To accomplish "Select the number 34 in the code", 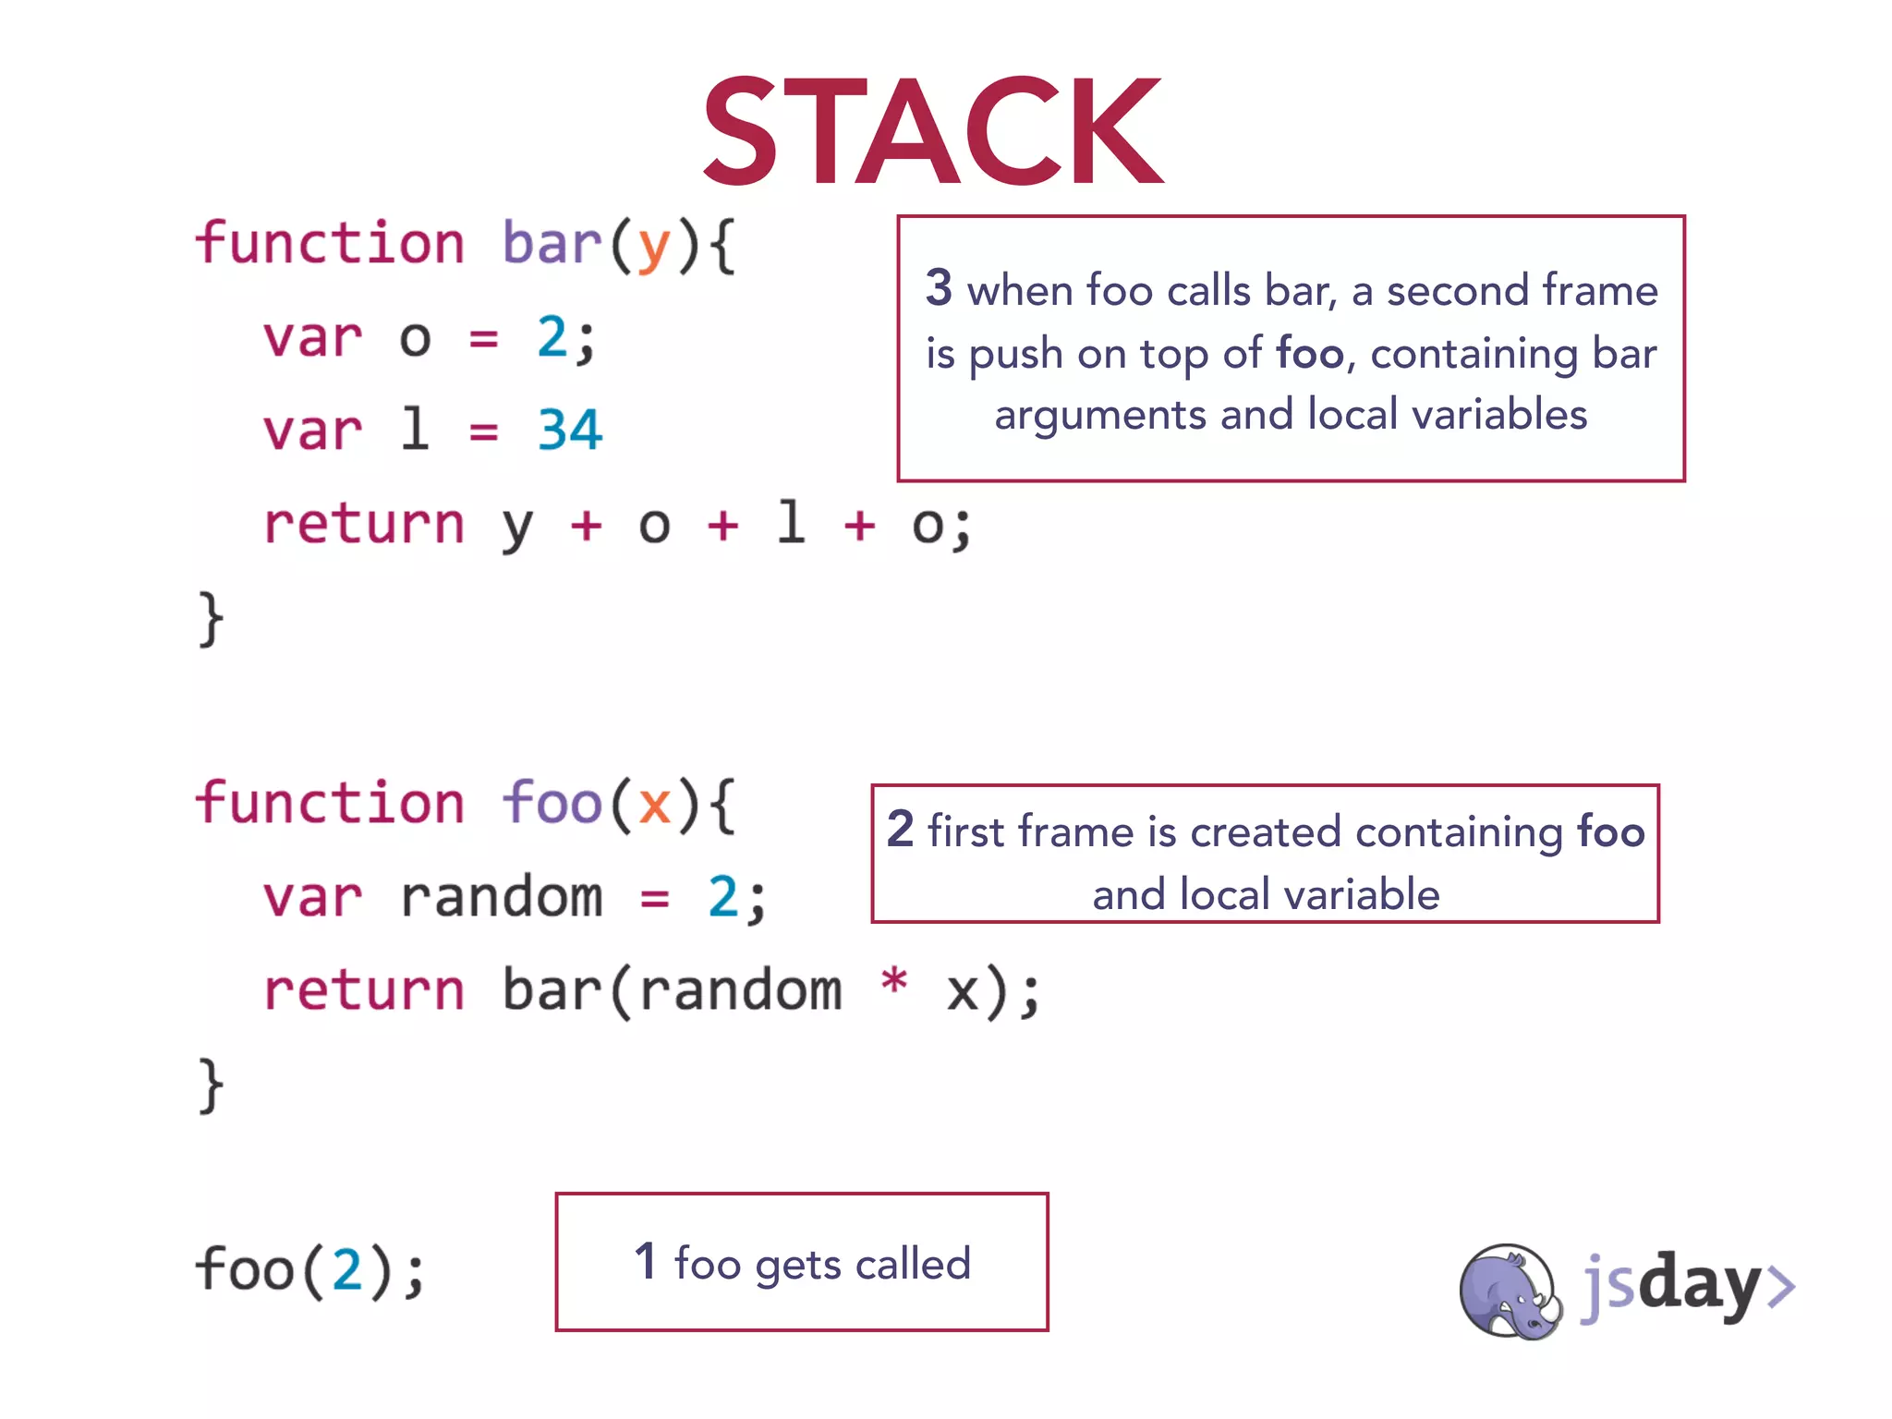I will pyautogui.click(x=569, y=431).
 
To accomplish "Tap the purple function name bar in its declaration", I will pyautogui.click(x=552, y=244).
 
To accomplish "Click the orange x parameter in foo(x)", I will pyautogui.click(x=654, y=804).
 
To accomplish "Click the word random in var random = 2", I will pyautogui.click(x=501, y=897).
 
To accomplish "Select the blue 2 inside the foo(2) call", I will pyautogui.click(x=347, y=1269).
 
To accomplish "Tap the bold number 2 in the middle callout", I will pyautogui.click(x=900, y=829).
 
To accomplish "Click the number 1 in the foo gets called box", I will pyautogui.click(x=645, y=1261).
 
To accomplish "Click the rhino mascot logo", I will pyautogui.click(x=1509, y=1292).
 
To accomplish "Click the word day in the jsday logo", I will pyautogui.click(x=1700, y=1284).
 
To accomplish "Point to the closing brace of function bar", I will pyautogui.click(x=211, y=619).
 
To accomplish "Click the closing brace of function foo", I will pyautogui.click(x=211, y=1085).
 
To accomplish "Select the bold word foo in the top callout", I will pyautogui.click(x=1309, y=353).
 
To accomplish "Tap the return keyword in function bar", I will pyautogui.click(x=363, y=525).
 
